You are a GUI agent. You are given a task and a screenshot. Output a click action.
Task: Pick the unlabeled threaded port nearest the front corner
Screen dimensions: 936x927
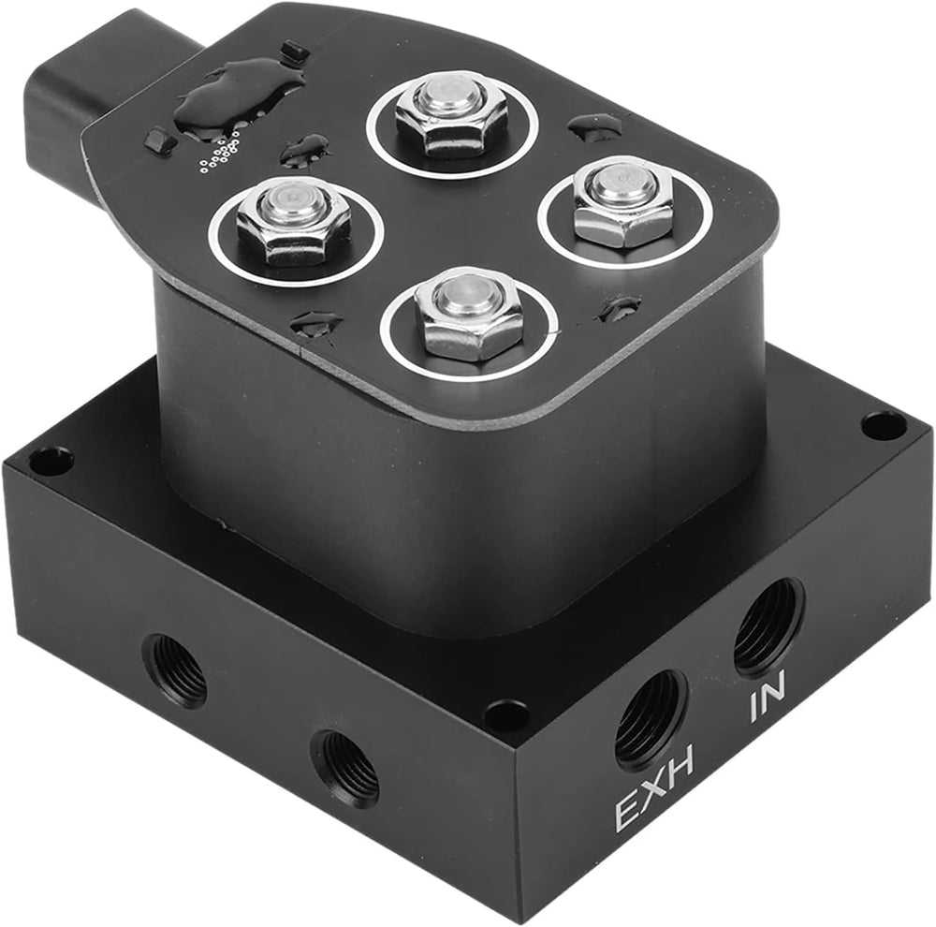point(346,767)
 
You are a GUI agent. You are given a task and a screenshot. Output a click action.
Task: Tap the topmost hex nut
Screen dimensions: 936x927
point(451,114)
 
